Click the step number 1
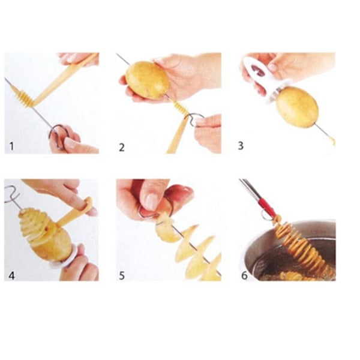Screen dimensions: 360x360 point(12,146)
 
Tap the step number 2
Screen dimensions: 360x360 point(122,147)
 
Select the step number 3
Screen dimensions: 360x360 point(241,146)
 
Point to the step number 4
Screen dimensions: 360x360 point(11,275)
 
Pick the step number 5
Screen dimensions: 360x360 point(122,275)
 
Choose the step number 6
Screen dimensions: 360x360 point(245,275)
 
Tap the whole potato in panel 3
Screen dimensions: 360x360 point(298,107)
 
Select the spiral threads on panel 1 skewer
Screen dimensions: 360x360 point(23,97)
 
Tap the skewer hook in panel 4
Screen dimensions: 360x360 point(12,194)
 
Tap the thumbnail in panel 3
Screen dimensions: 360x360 point(273,67)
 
